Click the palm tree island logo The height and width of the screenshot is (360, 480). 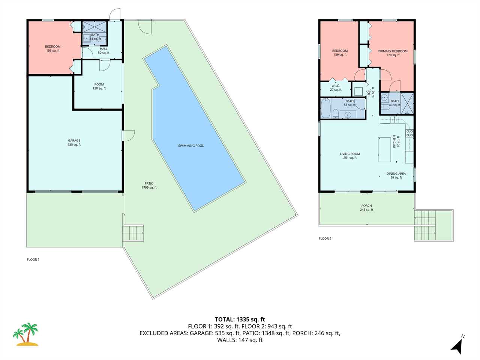pyautogui.click(x=25, y=334)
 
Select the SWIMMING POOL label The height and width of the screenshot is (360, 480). pyautogui.click(x=191, y=146)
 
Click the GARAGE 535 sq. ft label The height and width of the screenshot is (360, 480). pyautogui.click(x=74, y=142)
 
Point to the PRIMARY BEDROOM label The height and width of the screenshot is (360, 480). pyautogui.click(x=393, y=53)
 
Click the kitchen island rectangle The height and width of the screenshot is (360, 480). pyautogui.click(x=384, y=150)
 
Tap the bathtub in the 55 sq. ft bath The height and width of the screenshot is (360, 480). pyautogui.click(x=325, y=108)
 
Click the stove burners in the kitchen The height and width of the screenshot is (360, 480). pyautogui.click(x=409, y=133)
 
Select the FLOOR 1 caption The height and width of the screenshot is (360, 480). pyautogui.click(x=33, y=259)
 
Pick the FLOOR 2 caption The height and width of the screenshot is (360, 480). pyautogui.click(x=325, y=238)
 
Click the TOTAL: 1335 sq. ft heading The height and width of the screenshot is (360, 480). pyautogui.click(x=240, y=319)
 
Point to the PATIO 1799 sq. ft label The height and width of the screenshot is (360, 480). pyautogui.click(x=149, y=185)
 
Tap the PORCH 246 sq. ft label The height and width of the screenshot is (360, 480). pyautogui.click(x=366, y=208)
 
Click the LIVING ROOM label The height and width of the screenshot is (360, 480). pyautogui.click(x=350, y=156)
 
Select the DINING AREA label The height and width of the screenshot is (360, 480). pyautogui.click(x=396, y=175)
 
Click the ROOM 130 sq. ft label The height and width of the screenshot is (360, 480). pyautogui.click(x=99, y=86)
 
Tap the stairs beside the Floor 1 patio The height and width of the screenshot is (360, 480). pyautogui.click(x=133, y=233)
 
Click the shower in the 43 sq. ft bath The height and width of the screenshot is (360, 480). pyautogui.click(x=407, y=103)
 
